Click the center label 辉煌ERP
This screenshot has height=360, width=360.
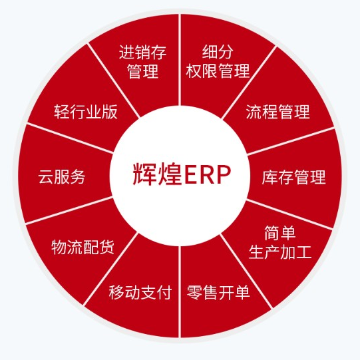(x=182, y=174)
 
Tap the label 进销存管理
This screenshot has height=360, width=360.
(x=143, y=61)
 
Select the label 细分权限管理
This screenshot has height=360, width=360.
(x=218, y=61)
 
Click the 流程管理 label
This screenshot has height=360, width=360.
(x=277, y=112)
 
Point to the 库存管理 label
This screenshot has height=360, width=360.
(x=293, y=177)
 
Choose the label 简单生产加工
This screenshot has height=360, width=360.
(x=280, y=242)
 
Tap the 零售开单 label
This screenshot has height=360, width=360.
(x=218, y=292)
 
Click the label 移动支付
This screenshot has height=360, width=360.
(x=140, y=292)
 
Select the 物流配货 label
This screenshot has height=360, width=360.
(x=83, y=247)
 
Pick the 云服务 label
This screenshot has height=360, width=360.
(x=62, y=177)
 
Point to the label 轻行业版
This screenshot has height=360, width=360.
(x=86, y=112)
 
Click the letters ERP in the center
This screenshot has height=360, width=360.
(x=207, y=174)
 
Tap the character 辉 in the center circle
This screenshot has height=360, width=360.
(x=144, y=174)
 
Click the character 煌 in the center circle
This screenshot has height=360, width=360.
(x=170, y=174)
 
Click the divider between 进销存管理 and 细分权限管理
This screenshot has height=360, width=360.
(x=180, y=60)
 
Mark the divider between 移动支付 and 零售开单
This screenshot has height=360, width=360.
(x=180, y=291)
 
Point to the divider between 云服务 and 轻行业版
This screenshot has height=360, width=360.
(x=70, y=138)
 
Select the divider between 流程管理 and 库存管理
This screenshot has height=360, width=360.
(x=290, y=142)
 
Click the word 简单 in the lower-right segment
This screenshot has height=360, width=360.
(x=280, y=234)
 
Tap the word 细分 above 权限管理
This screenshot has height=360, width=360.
(x=218, y=52)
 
